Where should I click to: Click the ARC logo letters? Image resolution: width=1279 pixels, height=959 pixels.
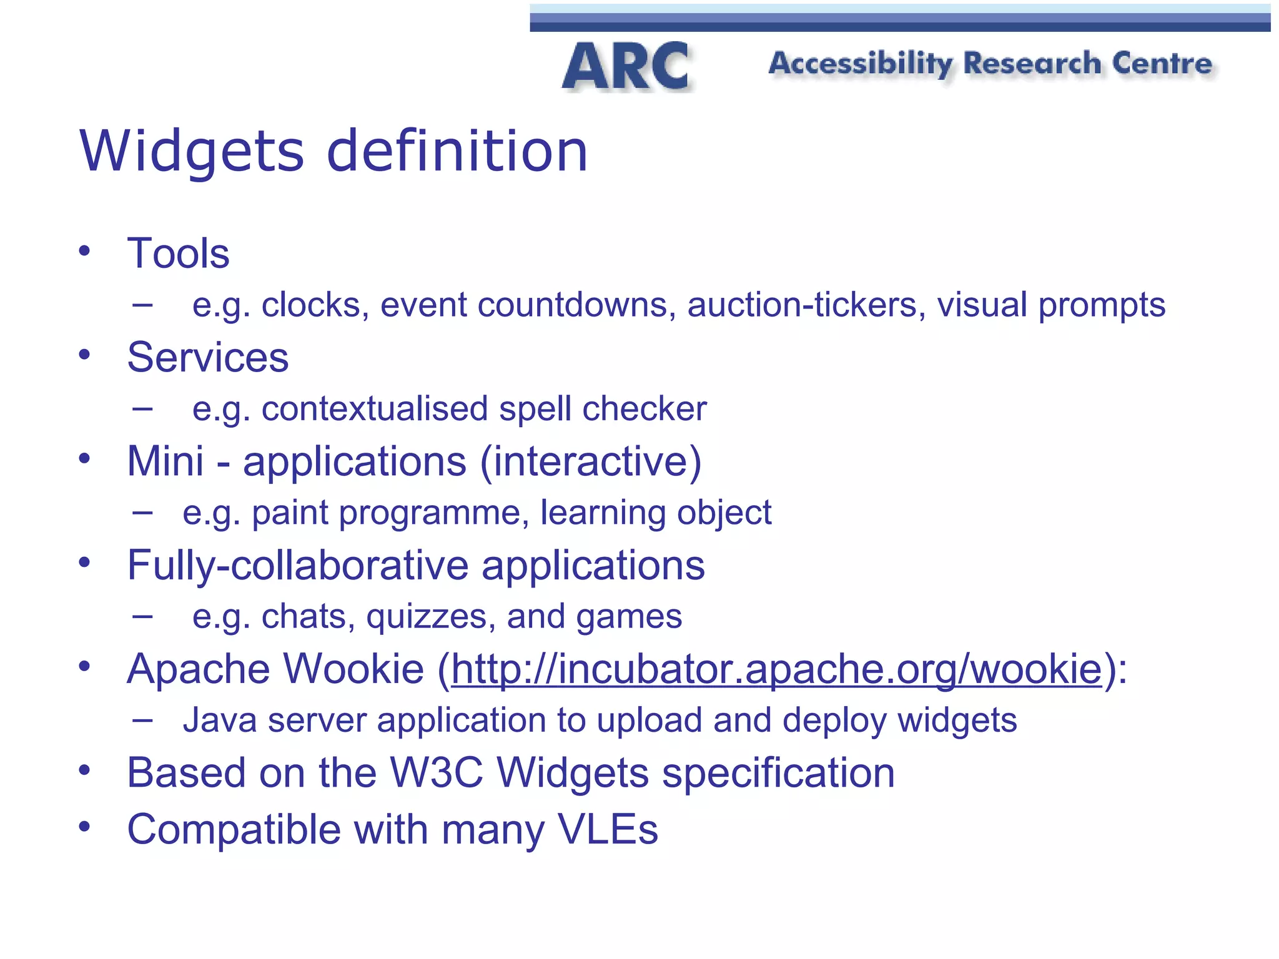(626, 66)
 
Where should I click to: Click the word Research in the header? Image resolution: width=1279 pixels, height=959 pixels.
(1032, 64)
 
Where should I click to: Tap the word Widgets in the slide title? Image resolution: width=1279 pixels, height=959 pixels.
(192, 151)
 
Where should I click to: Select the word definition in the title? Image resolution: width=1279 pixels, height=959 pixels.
(457, 151)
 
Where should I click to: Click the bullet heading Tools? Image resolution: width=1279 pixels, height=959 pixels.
(178, 253)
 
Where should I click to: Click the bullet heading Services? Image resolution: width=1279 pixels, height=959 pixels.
(207, 357)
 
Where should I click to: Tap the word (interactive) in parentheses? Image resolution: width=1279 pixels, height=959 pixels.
(591, 461)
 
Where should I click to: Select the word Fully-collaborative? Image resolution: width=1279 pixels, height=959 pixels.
(297, 565)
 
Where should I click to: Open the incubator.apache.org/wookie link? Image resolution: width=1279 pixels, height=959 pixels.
(776, 669)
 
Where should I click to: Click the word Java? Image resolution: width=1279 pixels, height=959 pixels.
(220, 720)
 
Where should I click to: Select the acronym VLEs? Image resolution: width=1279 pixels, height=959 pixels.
(608, 830)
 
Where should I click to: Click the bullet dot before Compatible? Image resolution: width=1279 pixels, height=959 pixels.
(85, 827)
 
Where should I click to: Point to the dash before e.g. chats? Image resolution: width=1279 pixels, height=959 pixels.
(143, 617)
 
